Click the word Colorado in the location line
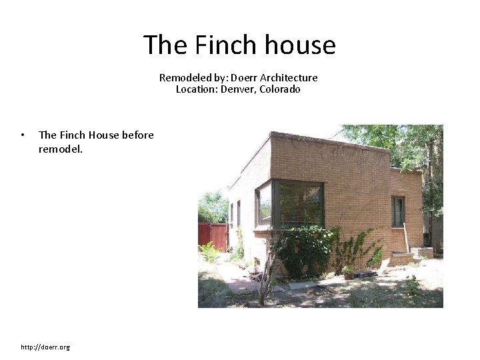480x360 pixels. coord(280,89)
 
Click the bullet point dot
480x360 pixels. coord(23,135)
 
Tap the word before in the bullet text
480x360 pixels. coord(138,135)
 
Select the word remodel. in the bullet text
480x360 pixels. coord(61,149)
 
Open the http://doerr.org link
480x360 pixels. coord(45,347)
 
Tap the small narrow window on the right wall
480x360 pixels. coord(398,211)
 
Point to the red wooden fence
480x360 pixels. coord(213,235)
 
